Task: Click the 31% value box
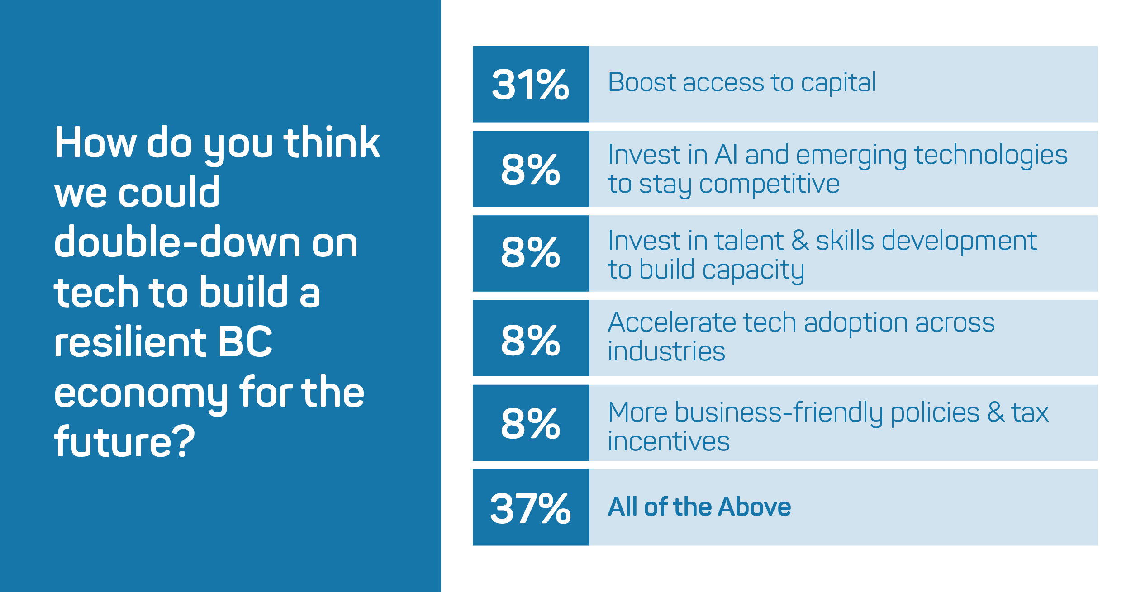tap(531, 84)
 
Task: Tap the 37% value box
tap(531, 507)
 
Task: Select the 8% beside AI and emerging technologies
tap(531, 169)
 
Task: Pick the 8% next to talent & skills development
tap(531, 253)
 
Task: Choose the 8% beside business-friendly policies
tap(531, 423)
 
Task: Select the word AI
tap(726, 155)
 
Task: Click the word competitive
tap(770, 184)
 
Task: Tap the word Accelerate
tap(671, 322)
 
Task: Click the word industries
tap(666, 351)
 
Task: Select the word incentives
tap(669, 441)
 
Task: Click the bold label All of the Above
tap(699, 507)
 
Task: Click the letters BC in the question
tap(245, 341)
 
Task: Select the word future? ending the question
tap(124, 441)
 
